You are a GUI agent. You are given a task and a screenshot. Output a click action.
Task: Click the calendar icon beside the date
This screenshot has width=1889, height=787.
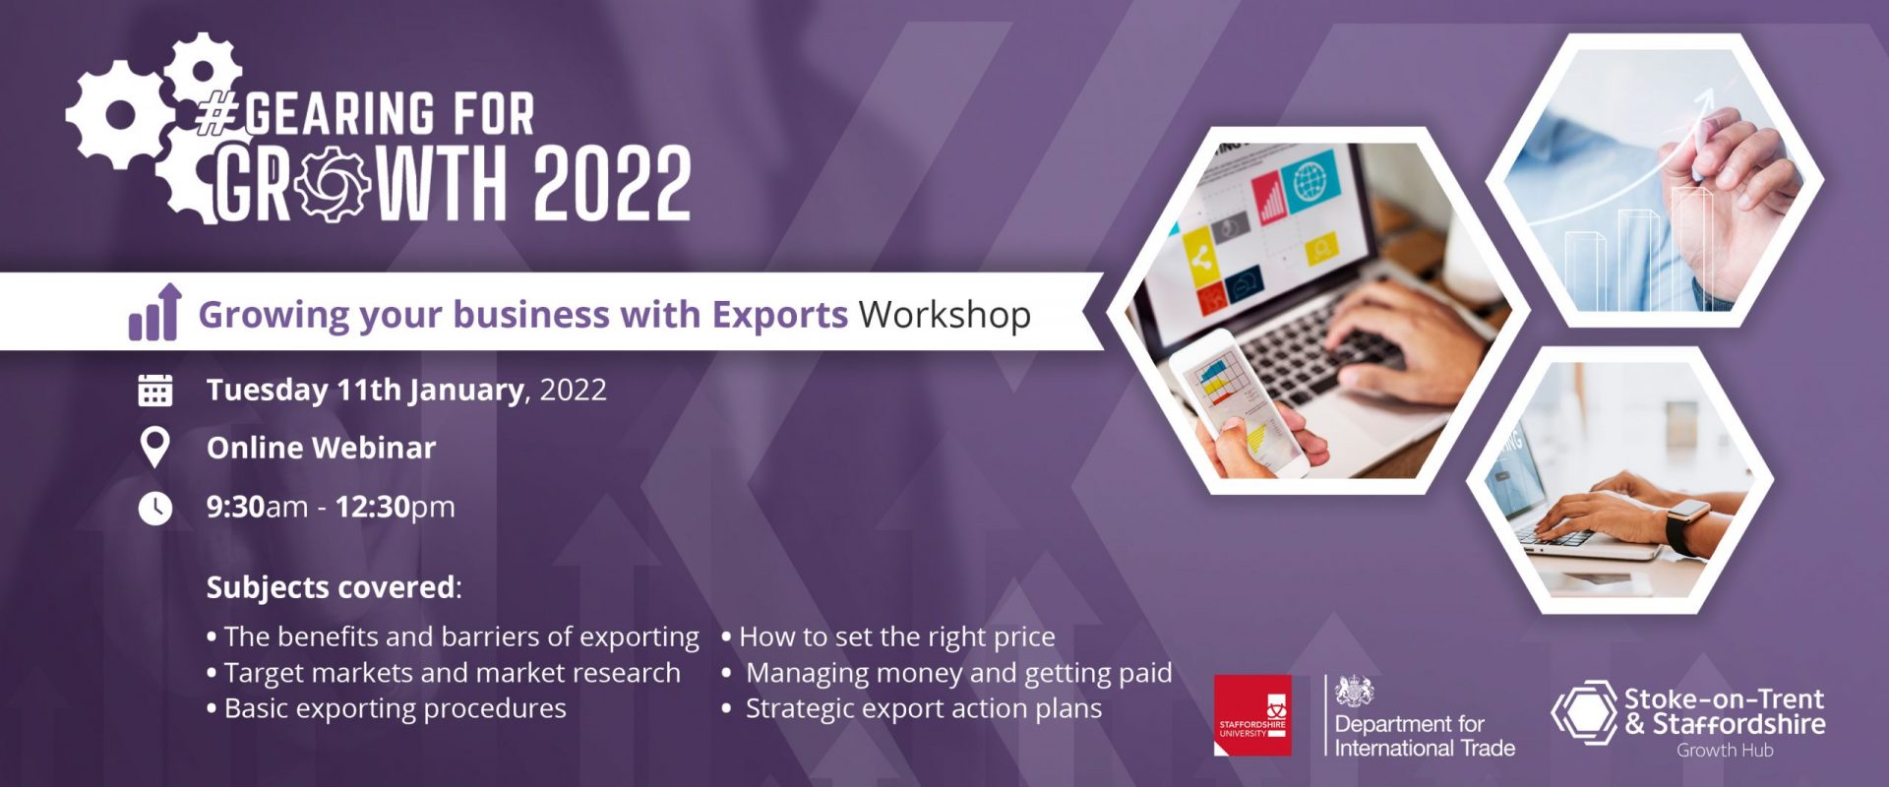coord(154,390)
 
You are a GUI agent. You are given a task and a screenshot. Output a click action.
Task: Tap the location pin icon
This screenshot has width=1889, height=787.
coord(154,448)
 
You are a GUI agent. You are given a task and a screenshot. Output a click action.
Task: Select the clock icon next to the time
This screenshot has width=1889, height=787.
coord(154,508)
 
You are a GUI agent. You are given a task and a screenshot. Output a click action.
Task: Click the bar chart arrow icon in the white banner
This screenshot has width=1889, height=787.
coord(155,312)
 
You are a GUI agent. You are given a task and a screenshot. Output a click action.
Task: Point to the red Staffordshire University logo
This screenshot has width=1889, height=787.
coord(1252,715)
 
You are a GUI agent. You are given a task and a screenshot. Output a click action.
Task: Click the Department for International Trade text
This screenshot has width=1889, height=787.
coord(1424,736)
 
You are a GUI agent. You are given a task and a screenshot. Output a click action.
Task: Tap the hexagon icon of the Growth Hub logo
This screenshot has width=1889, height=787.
coord(1584,713)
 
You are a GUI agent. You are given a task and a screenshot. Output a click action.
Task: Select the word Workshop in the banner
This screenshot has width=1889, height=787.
coord(944,315)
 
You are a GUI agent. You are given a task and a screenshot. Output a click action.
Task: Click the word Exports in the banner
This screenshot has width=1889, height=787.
coord(779,315)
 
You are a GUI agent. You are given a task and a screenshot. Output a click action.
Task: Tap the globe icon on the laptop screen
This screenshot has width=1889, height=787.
coord(1310,182)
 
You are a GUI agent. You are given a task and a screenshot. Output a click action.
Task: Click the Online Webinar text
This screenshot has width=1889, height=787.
coord(321,448)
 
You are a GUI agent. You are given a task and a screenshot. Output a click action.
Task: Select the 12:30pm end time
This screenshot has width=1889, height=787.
coord(395,507)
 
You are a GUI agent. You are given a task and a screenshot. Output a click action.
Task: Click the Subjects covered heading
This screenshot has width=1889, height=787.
coord(334,587)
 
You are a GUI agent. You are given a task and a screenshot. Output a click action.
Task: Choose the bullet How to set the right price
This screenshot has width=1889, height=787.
coord(888,637)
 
